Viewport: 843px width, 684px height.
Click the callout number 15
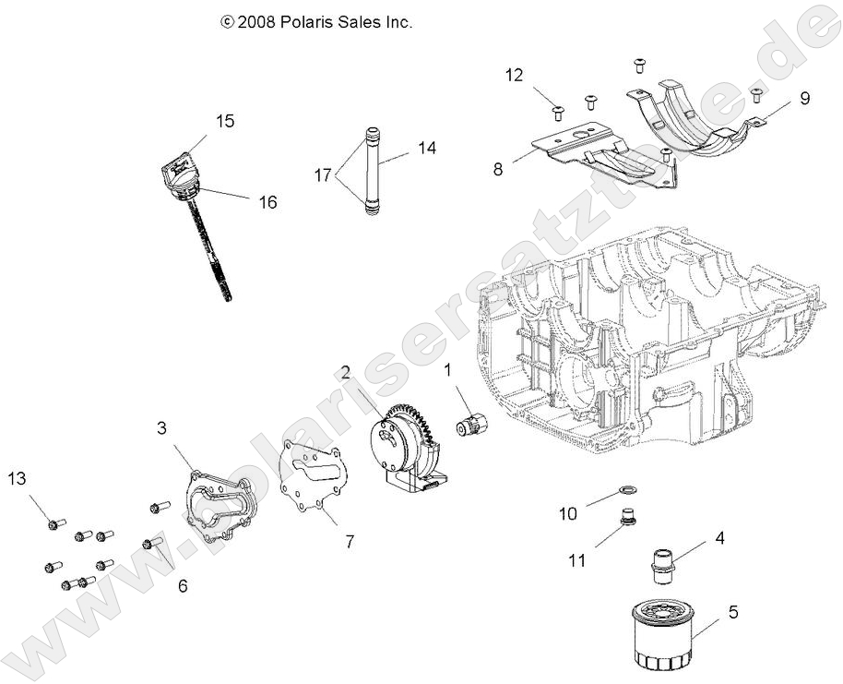225,121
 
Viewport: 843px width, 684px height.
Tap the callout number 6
182,585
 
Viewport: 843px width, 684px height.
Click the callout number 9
804,98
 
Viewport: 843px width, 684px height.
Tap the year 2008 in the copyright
255,21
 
